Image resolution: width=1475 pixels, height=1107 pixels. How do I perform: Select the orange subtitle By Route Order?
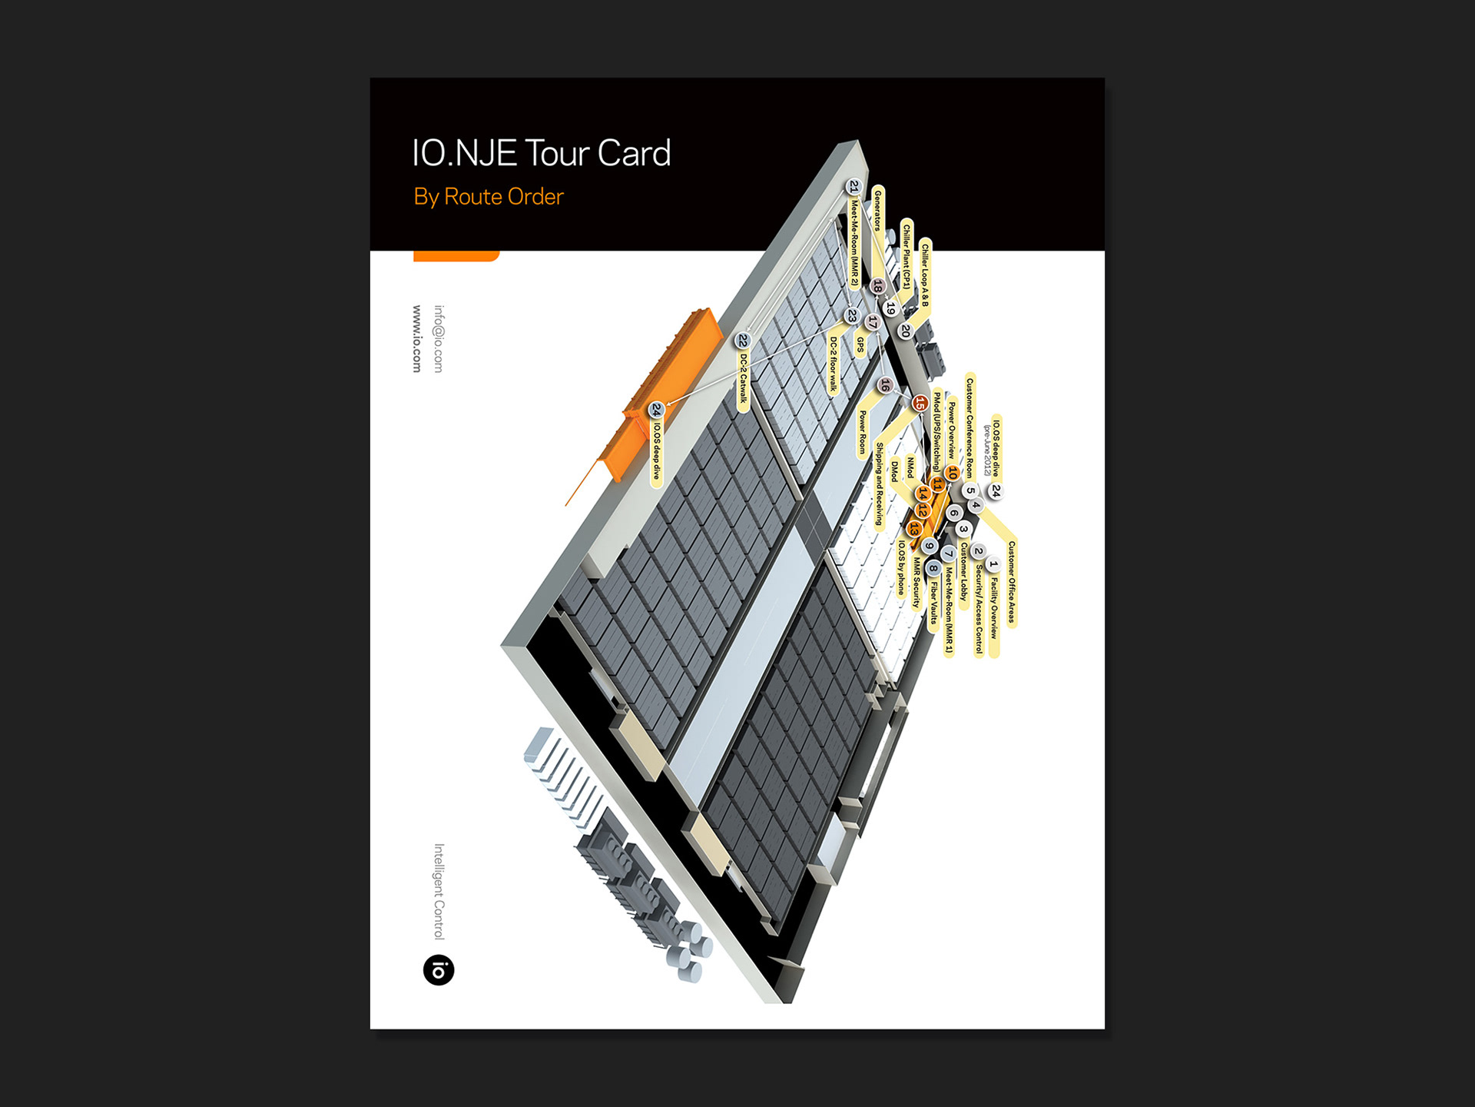click(489, 197)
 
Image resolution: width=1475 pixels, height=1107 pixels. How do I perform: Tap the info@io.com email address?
click(439, 339)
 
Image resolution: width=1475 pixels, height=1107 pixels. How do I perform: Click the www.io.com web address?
click(417, 339)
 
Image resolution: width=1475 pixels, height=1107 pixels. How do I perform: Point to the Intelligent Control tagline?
click(439, 892)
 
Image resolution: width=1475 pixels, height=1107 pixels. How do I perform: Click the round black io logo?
click(439, 970)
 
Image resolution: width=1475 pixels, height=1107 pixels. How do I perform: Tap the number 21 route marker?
click(854, 187)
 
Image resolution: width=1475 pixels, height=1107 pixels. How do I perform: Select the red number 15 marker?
click(920, 403)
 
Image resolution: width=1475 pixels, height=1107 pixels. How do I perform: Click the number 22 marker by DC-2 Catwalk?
click(742, 340)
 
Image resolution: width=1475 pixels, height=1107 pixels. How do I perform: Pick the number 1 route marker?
click(993, 565)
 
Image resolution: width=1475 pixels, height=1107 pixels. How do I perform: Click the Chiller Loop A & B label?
click(925, 275)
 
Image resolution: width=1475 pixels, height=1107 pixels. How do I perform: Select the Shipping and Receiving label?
click(880, 484)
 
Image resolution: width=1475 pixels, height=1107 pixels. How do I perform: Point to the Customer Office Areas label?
click(1012, 582)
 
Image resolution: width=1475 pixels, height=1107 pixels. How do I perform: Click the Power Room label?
click(863, 432)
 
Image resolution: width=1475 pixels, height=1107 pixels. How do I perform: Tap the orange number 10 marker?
click(953, 473)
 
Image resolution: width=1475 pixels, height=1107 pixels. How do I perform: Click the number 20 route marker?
click(905, 331)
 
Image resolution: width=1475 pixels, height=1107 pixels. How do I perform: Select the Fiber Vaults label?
click(934, 603)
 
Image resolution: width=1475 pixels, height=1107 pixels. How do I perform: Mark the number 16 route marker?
click(885, 385)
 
